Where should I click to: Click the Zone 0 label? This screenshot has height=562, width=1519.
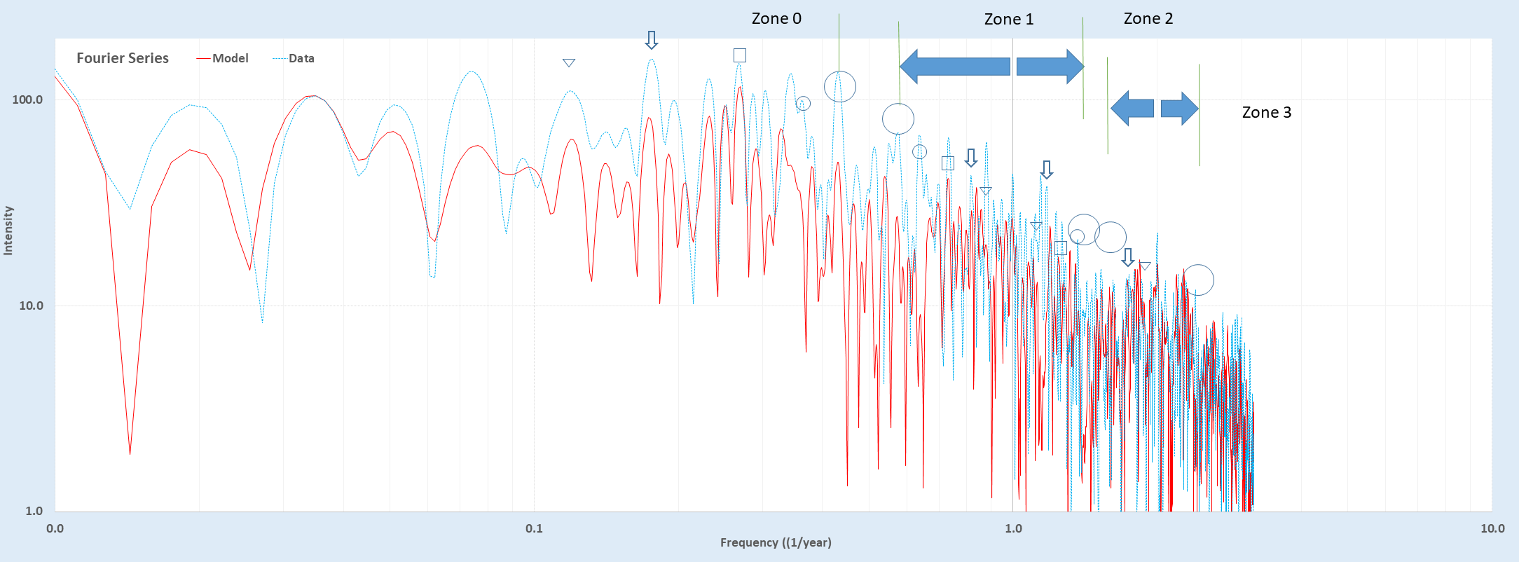(776, 19)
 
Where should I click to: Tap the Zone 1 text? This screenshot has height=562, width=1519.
(1008, 20)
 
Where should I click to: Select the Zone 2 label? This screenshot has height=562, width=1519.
(1148, 19)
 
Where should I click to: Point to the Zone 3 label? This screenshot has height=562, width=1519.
(1266, 113)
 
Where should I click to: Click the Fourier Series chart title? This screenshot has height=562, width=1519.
(123, 59)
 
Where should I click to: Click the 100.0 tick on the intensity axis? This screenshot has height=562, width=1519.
(27, 100)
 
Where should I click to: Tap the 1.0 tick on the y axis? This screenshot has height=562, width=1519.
(34, 511)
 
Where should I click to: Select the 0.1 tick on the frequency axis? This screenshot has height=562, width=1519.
(534, 528)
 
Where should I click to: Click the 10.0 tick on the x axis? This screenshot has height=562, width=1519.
(1492, 528)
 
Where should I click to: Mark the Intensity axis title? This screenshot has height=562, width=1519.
(8, 231)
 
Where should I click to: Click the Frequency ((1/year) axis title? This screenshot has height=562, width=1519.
(776, 542)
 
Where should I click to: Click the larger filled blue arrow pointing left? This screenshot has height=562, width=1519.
(954, 67)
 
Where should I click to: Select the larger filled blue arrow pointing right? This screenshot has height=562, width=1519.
(1050, 67)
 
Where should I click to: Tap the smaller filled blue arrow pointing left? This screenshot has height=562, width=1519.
(1132, 109)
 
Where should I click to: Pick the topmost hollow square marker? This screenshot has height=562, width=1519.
(739, 55)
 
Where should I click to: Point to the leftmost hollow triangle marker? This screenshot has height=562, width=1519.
(569, 62)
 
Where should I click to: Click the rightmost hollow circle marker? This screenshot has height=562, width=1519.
(1198, 280)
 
